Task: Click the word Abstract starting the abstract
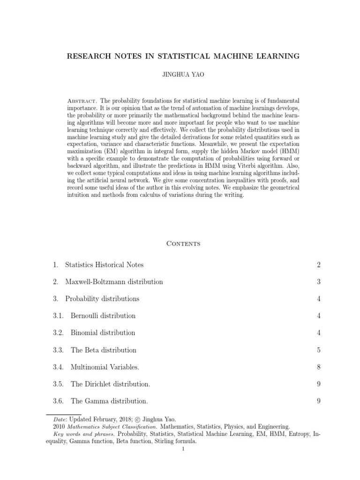click(x=82, y=101)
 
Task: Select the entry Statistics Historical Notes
click(x=105, y=265)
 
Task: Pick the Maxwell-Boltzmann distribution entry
click(x=114, y=282)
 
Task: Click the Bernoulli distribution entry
click(x=103, y=315)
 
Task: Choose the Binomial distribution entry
click(x=103, y=333)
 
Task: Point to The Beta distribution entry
click(x=104, y=350)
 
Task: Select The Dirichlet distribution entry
click(x=111, y=384)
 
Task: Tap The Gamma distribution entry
click(x=109, y=401)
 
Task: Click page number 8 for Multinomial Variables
click(x=318, y=367)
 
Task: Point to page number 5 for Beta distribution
click(x=318, y=350)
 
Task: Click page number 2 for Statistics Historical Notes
click(x=318, y=265)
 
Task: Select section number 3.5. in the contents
click(x=58, y=384)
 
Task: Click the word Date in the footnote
click(x=59, y=420)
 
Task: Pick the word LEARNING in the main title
click(x=276, y=56)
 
